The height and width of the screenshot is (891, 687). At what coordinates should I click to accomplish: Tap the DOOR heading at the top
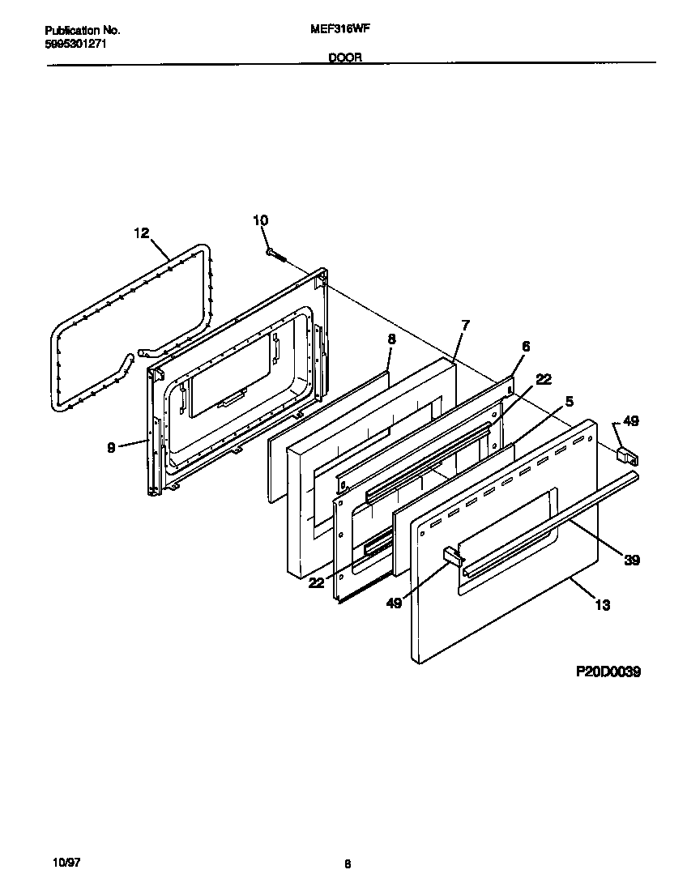[345, 58]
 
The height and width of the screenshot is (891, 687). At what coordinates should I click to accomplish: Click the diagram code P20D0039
[608, 671]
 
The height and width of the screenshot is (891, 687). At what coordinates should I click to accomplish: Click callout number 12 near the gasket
[142, 232]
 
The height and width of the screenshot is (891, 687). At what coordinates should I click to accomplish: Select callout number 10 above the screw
[260, 220]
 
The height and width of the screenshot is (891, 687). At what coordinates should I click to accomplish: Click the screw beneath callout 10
[276, 254]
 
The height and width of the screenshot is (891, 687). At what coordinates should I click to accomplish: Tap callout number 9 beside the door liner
[111, 446]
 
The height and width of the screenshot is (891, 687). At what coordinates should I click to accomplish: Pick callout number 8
[391, 340]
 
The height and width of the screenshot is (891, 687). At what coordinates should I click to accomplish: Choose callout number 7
[465, 325]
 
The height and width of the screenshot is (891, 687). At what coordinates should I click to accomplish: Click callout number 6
[525, 346]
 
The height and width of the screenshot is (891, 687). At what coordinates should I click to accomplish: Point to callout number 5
[570, 401]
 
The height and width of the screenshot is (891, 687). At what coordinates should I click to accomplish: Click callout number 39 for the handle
[630, 560]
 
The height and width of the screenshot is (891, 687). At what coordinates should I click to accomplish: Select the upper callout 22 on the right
[544, 379]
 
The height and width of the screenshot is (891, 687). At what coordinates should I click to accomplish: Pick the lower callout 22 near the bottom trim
[317, 582]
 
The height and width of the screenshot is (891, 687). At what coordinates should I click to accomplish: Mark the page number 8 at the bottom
[347, 864]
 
